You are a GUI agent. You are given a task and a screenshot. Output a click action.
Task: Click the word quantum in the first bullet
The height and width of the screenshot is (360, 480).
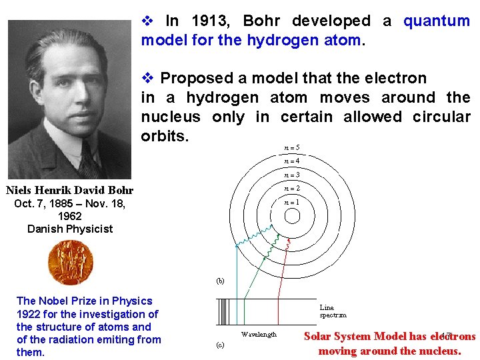[x=437, y=21]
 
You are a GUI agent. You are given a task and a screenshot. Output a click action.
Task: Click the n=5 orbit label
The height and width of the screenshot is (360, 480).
[x=291, y=147]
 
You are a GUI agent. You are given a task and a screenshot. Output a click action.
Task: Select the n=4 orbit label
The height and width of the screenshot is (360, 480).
[x=291, y=161]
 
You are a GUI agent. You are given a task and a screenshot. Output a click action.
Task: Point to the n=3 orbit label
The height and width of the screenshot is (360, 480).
[x=291, y=175]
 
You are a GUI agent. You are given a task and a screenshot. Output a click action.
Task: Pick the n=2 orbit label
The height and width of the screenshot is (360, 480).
[x=291, y=189]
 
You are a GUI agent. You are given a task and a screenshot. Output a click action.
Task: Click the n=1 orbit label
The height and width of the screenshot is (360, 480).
[x=291, y=202]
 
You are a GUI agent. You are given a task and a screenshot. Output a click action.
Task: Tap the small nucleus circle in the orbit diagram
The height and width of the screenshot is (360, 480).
[x=292, y=216]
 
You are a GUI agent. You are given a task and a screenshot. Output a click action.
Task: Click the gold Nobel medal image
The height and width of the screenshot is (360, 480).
[x=70, y=262]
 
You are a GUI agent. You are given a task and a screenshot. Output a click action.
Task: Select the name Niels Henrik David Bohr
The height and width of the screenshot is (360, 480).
[x=70, y=191]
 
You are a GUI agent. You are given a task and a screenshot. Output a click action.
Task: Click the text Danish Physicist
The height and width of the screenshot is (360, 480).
[x=70, y=229]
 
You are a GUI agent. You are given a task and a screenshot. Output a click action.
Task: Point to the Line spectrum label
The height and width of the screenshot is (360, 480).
[x=333, y=311]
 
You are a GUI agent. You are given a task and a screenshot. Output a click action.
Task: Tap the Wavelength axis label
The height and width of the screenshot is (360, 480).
[x=259, y=334]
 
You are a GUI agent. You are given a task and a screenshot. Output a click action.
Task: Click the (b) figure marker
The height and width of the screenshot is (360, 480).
[x=220, y=281]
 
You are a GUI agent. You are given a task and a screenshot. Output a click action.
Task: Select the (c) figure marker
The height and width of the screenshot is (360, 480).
[x=220, y=345]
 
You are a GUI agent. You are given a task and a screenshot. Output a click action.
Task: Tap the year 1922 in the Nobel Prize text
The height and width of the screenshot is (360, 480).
[x=29, y=314]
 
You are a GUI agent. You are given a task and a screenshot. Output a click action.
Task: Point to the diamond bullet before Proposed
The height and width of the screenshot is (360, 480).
[x=147, y=79]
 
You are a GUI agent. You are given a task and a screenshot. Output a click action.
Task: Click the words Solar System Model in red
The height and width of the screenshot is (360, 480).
[x=355, y=337]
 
